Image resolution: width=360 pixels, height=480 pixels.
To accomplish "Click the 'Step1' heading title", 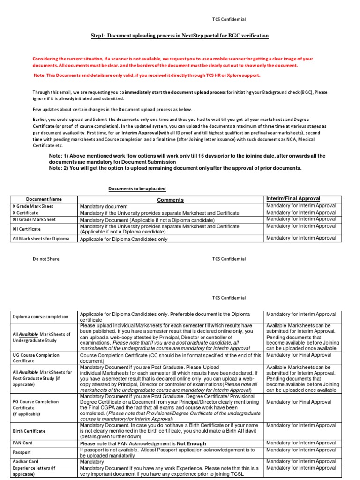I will (180, 36).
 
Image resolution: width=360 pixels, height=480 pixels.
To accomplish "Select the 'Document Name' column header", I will (44, 199).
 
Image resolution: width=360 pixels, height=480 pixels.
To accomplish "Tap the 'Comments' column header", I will (170, 200).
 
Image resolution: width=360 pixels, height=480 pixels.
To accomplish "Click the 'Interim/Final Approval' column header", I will (293, 199).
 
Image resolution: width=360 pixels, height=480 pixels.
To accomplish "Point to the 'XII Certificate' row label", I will (27, 229).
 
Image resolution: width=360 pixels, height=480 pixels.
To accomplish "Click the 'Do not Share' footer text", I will (46, 259).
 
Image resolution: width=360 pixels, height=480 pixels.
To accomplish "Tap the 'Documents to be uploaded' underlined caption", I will (137, 188).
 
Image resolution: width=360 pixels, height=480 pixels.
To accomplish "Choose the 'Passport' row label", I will (22, 452).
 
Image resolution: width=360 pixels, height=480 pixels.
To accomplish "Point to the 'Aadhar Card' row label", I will (26, 461).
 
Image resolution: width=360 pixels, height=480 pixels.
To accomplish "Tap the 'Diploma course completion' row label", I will (40, 317).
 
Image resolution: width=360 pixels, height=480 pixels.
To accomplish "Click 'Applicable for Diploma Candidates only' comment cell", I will (124, 239).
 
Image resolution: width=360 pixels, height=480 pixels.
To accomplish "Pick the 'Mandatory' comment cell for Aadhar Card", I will (92, 462).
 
